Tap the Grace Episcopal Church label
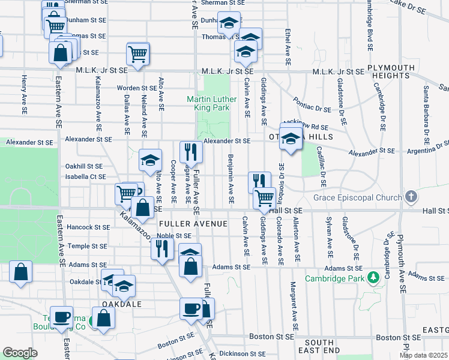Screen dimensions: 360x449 360,197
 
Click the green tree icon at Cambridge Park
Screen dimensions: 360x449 373,277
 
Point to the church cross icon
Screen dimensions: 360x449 411,196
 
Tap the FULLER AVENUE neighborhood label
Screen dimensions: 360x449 193,224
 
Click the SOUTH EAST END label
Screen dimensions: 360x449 318,346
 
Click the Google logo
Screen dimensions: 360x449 20,353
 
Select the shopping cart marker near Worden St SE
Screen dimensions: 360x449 138,53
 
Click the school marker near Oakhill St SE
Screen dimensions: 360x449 150,160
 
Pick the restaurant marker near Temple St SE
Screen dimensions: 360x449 161,248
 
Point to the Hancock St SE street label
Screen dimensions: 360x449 89,227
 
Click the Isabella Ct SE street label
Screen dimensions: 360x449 86,177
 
